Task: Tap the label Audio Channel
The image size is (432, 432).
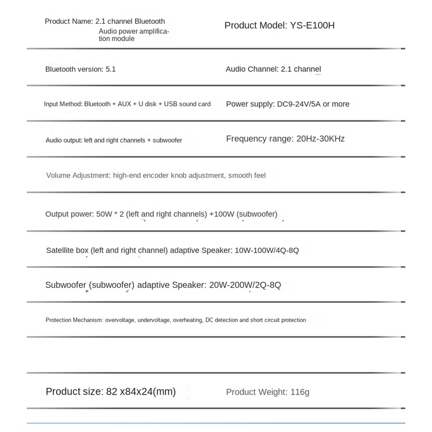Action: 250,69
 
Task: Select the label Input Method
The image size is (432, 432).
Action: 62,104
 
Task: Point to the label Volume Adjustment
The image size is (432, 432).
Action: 78,175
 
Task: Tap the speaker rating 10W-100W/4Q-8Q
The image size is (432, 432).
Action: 268,251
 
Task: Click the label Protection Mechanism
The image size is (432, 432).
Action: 74,320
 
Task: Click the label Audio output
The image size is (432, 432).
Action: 64,140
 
